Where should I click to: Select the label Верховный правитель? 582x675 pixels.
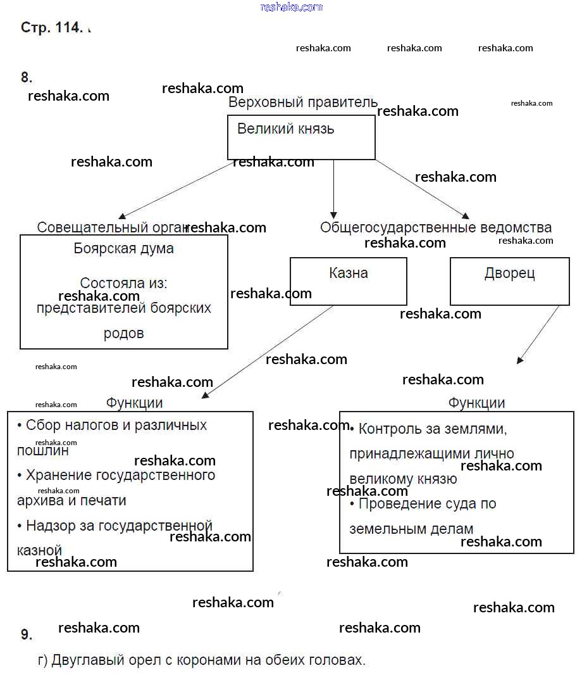[302, 103]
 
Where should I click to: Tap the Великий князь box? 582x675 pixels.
[301, 137]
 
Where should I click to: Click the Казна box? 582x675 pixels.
[348, 281]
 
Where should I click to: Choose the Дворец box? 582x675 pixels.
[509, 281]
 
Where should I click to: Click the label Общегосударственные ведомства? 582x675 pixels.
[435, 227]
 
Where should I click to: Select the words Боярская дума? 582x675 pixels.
[123, 248]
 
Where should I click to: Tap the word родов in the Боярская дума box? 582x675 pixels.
[123, 333]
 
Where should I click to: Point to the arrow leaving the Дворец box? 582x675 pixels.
[538, 335]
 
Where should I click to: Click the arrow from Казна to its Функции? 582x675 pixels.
[267, 352]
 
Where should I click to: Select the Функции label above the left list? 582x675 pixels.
[134, 403]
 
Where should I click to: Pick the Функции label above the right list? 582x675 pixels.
[476, 403]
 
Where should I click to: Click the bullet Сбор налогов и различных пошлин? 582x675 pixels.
[111, 437]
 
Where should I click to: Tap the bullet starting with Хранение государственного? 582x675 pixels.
[116, 488]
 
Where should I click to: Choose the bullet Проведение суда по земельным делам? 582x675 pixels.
[422, 516]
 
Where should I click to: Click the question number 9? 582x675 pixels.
[26, 634]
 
